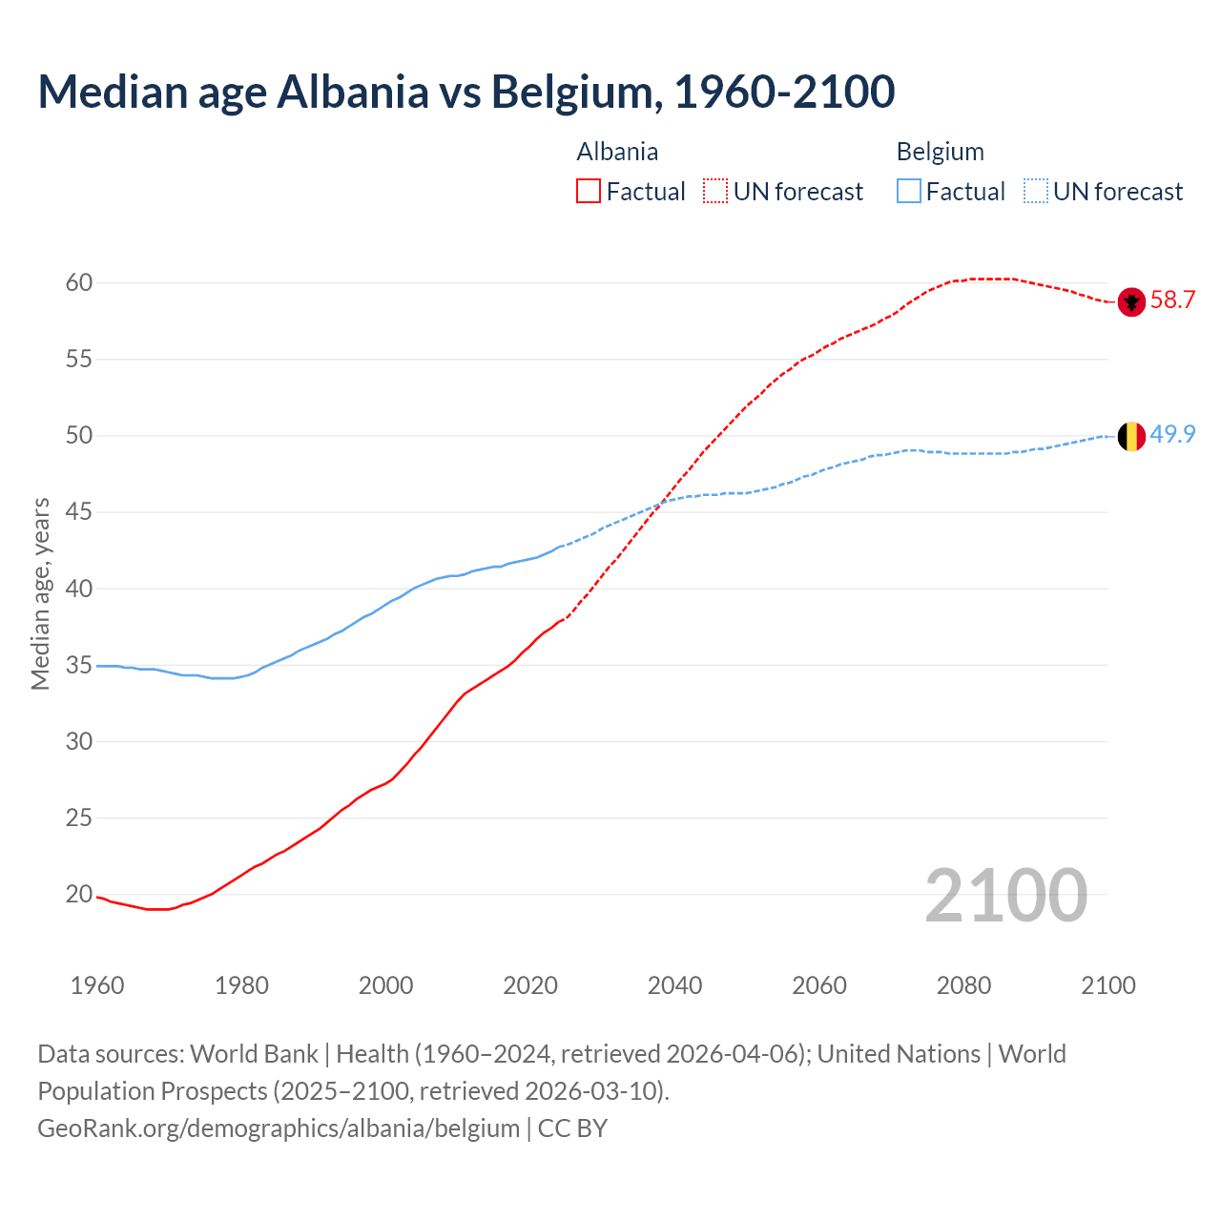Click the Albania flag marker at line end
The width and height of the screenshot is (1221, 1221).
click(1130, 301)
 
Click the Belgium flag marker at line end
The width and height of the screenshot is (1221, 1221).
click(1130, 436)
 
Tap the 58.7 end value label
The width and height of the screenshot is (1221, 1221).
click(1172, 300)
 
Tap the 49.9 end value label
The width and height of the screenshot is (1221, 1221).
click(1172, 434)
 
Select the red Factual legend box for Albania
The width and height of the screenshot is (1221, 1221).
click(589, 192)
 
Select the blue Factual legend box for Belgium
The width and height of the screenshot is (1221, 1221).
click(909, 192)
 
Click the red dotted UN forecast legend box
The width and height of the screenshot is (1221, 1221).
click(715, 192)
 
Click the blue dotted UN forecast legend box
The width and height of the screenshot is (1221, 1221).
click(1036, 192)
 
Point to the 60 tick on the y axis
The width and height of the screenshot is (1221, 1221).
click(79, 282)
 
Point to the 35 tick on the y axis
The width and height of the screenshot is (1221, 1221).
click(79, 665)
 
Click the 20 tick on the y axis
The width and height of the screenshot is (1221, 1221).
click(79, 894)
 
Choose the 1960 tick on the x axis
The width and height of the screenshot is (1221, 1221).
click(97, 985)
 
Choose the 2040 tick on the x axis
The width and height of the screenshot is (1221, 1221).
click(674, 985)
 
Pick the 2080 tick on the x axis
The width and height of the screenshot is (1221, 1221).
click(963, 985)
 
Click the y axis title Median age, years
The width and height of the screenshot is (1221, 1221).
click(40, 593)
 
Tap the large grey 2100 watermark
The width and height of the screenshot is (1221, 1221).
click(1006, 895)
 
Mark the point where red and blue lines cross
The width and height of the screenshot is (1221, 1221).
click(657, 505)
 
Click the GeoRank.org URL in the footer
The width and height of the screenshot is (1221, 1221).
click(279, 1128)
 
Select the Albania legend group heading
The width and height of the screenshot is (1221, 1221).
click(617, 152)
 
